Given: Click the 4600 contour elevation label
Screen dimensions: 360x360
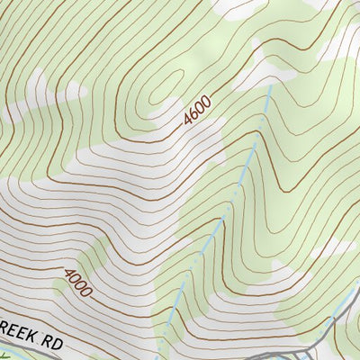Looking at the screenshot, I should coord(196,111).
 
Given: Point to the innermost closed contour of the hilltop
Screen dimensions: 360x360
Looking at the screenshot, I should coord(161,90).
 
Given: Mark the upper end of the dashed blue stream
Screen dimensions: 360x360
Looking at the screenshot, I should coord(263,115).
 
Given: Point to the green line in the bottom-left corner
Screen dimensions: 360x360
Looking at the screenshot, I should coord(4,355).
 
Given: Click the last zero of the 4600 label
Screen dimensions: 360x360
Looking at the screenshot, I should coord(206,101).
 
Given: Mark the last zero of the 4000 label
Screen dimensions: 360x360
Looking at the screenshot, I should coord(87,292).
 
